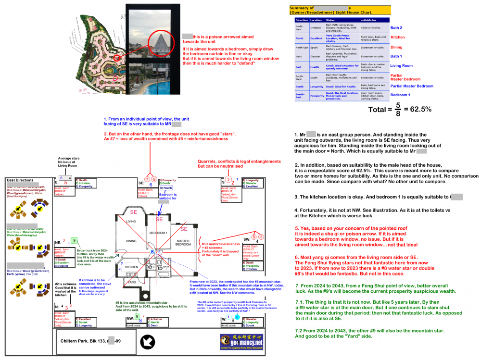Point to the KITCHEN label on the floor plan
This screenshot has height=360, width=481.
(x=132, y=266)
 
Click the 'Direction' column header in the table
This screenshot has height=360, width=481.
(x=302, y=20)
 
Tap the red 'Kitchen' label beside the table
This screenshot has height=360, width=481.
(x=397, y=37)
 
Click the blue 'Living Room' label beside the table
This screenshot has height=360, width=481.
(x=401, y=66)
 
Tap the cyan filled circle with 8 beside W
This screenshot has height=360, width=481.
(x=238, y=317)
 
